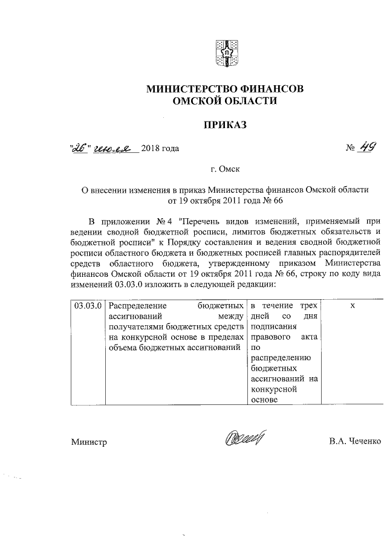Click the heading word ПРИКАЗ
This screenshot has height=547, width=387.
coord(225,126)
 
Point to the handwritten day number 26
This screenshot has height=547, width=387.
coord(80,147)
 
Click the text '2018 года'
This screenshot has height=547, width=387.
coord(160,148)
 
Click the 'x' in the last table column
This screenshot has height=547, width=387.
coord(352,306)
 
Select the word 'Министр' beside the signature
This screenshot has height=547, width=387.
coord(89,442)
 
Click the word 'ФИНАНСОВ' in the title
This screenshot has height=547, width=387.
coord(272,89)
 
